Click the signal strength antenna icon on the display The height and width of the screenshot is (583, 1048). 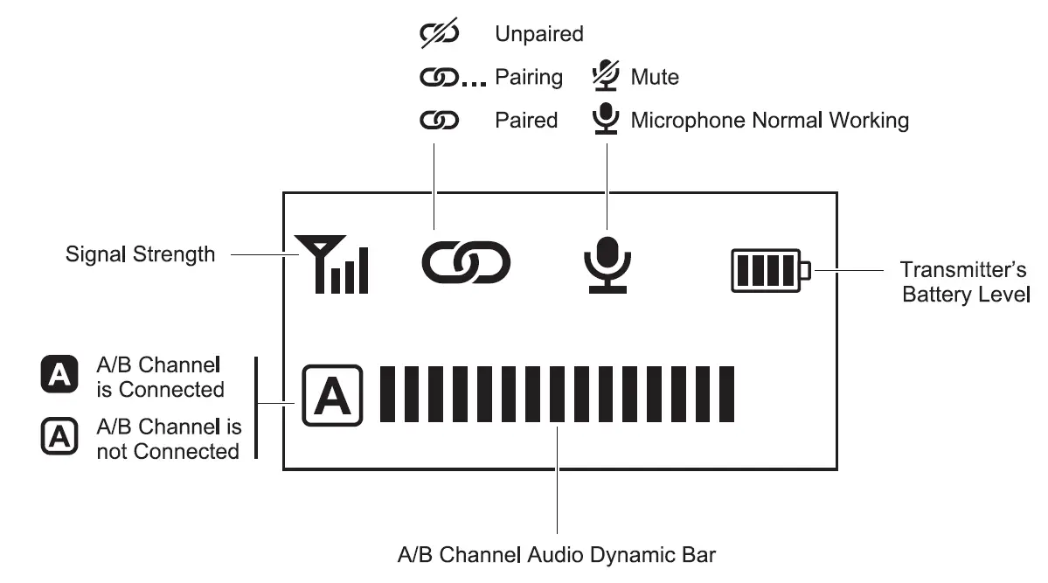(331, 265)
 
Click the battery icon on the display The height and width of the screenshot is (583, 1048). (770, 271)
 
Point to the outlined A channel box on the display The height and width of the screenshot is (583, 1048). (332, 396)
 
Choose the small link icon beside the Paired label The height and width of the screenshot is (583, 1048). (439, 121)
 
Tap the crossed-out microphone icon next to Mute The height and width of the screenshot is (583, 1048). (605, 76)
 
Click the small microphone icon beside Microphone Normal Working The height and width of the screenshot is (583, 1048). (605, 119)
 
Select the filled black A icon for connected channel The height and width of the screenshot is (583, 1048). (59, 375)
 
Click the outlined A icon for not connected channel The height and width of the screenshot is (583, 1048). (59, 437)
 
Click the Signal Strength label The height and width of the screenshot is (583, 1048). (140, 254)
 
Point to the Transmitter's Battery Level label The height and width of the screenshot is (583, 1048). (964, 281)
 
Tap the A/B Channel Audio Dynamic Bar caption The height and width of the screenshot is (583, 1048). (557, 555)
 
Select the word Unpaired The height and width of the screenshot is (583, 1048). (538, 34)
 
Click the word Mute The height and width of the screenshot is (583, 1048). (655, 77)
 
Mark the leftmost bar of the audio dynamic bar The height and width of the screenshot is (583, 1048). (386, 395)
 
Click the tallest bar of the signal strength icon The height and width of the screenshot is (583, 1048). (363, 270)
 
